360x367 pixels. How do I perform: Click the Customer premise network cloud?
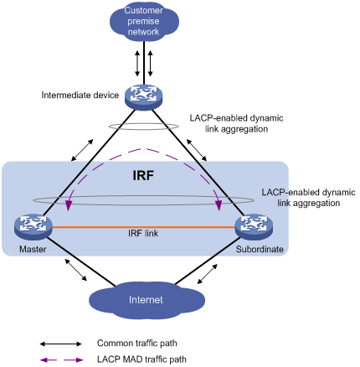point(144,22)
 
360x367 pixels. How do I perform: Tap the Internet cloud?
point(147,300)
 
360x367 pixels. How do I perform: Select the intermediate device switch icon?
point(143,97)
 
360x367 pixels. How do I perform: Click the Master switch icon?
point(33,227)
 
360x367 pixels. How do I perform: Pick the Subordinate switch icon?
point(254,227)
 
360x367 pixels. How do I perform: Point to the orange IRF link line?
point(143,227)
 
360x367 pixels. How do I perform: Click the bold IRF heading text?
point(143,176)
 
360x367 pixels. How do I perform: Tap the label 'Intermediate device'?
point(80,96)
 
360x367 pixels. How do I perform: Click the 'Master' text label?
point(33,249)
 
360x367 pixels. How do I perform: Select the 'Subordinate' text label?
point(260,249)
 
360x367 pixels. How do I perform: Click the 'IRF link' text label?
point(143,233)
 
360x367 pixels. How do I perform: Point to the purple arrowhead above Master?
point(67,205)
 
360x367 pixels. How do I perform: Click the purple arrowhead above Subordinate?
point(219,205)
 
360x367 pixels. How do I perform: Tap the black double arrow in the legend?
point(60,344)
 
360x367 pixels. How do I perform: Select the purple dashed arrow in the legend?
point(61,360)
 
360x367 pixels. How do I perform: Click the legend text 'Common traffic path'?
point(137,344)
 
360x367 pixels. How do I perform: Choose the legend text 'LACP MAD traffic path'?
point(141,359)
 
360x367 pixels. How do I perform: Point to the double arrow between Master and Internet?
point(75,270)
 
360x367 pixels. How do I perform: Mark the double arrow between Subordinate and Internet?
point(207,274)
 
